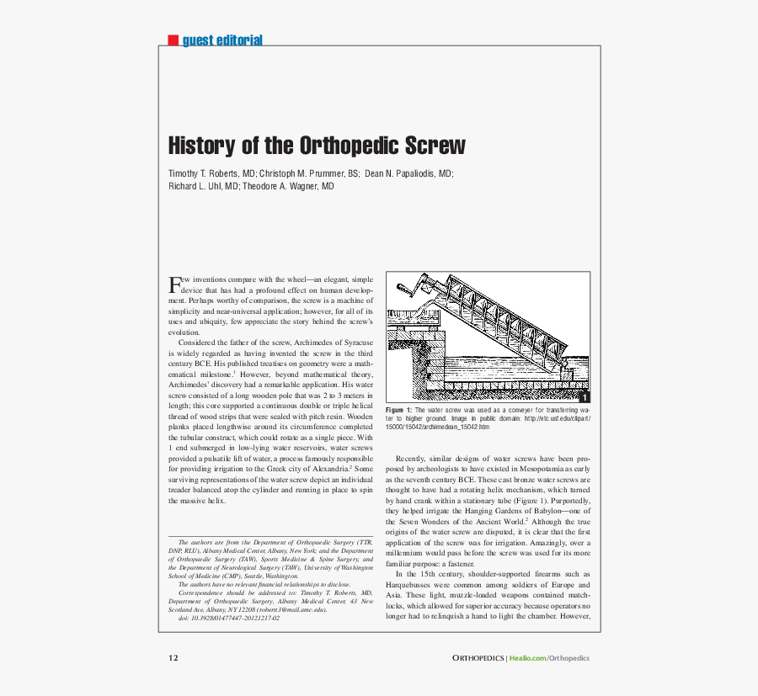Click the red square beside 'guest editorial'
pos(173,40)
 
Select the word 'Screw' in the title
pos(434,145)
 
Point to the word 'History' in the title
pos(202,145)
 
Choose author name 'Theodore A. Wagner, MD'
pos(289,186)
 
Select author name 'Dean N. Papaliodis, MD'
pos(408,173)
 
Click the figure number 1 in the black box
pos(583,396)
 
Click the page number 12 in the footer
pos(173,658)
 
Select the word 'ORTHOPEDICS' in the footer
pos(478,658)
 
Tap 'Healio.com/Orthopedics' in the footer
pos(550,658)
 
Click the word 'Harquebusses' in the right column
pos(412,585)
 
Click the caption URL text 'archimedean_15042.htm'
pos(458,428)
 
